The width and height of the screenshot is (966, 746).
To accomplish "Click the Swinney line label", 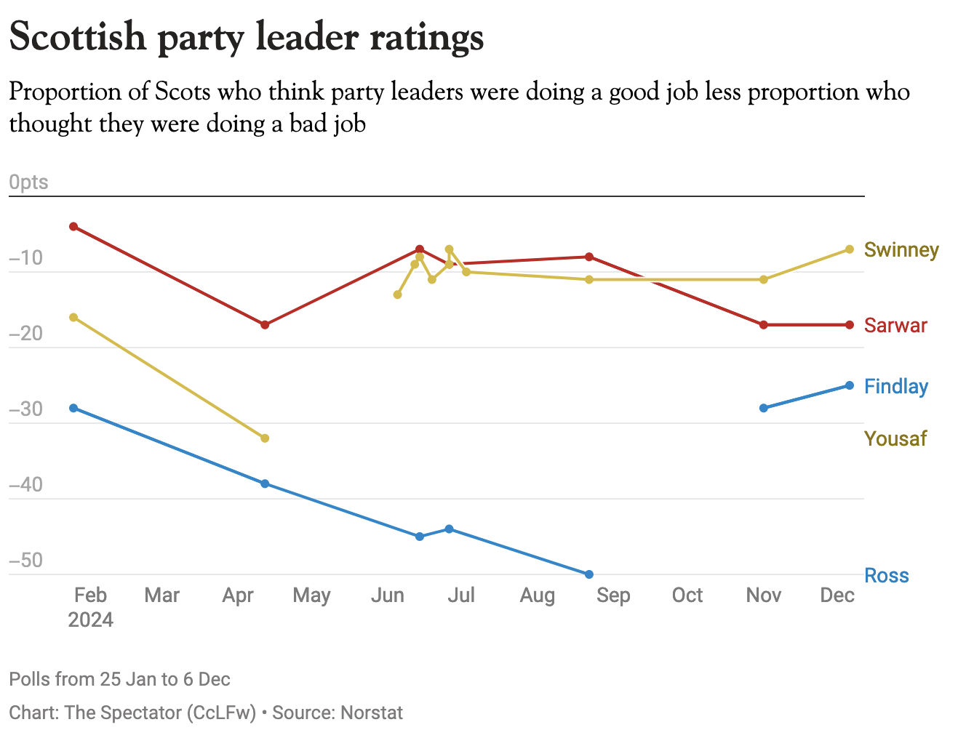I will coord(901,250).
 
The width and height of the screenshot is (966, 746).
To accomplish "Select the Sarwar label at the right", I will coord(895,325).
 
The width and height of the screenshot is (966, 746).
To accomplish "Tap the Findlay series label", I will coord(895,386).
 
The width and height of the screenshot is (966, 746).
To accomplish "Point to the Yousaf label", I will coord(895,438).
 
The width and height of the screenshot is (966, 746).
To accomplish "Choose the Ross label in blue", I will coord(886,576).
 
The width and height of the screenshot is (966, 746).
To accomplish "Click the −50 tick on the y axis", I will coord(25,561).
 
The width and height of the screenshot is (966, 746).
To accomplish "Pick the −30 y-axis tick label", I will coord(25,409).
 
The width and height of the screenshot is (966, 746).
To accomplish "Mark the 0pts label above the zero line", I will coord(28,182).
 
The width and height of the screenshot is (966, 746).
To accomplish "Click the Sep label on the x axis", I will coord(613,595).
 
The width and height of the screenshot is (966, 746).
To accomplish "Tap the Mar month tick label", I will coord(161,595).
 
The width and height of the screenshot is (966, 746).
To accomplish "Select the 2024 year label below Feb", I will coord(90,620).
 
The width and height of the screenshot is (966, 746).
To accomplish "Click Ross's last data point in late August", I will coord(589,574).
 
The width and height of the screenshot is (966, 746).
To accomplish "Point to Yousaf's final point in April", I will coord(265,438).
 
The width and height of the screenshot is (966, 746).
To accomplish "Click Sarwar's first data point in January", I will coord(73,227).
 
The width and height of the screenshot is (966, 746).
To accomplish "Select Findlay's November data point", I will coord(763,408).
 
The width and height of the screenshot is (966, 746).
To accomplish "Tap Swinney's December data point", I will coord(849,249).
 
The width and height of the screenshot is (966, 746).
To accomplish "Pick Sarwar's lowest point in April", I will coord(265,324).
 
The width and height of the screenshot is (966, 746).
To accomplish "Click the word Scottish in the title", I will coord(78,36).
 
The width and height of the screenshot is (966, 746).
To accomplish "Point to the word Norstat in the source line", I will coord(371,713).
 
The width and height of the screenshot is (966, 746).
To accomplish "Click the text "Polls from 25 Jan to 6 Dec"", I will coord(119,680).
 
